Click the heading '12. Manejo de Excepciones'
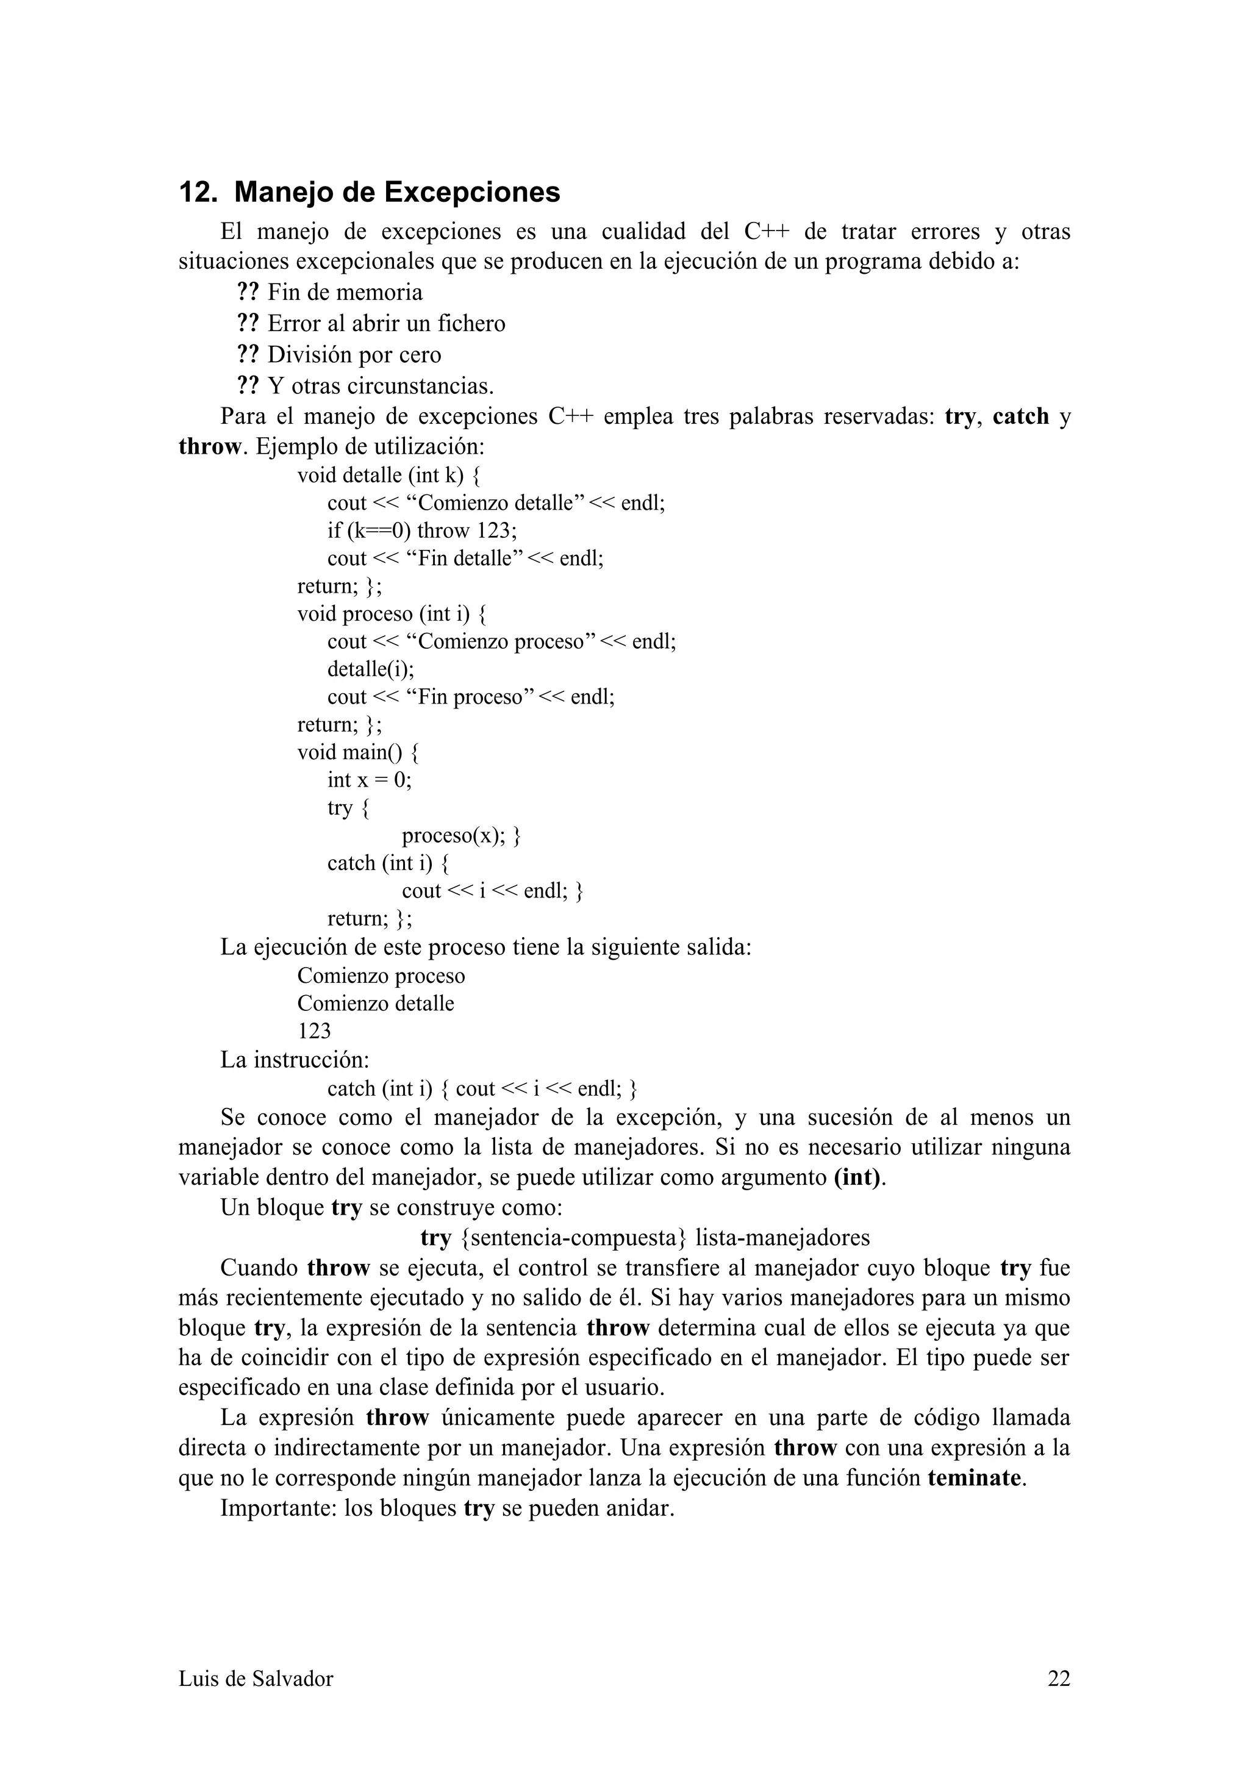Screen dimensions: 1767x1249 tap(370, 193)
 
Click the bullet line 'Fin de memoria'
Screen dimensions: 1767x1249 tap(345, 293)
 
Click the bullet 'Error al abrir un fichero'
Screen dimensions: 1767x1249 tap(386, 323)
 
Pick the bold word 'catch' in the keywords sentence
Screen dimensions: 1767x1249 tap(1020, 416)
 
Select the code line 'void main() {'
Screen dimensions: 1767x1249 tap(358, 752)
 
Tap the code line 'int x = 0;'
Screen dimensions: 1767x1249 tap(370, 780)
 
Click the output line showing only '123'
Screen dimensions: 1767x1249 tap(314, 1030)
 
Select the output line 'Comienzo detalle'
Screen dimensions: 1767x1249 tap(376, 1003)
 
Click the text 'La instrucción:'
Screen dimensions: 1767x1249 tap(295, 1060)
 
